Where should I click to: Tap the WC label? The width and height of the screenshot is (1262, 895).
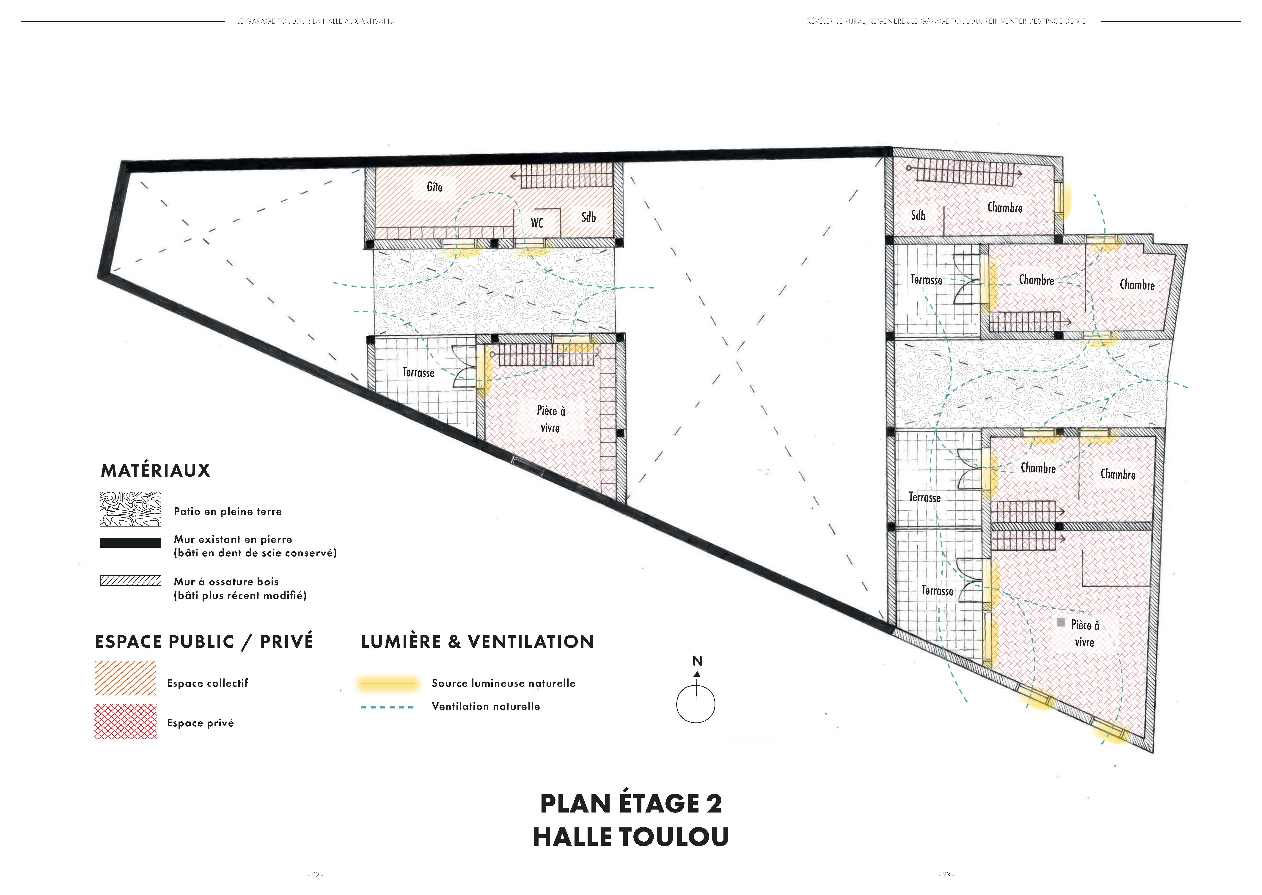pyautogui.click(x=537, y=223)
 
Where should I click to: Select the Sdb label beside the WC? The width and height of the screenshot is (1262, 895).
pyautogui.click(x=588, y=217)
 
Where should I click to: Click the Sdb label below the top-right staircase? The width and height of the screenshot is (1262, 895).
pyautogui.click(x=918, y=215)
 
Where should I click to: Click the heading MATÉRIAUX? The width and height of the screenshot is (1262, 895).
pyautogui.click(x=155, y=470)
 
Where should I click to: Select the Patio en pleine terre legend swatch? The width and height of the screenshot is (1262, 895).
pyautogui.click(x=131, y=509)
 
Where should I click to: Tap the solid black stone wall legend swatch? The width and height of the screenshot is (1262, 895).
pyautogui.click(x=131, y=543)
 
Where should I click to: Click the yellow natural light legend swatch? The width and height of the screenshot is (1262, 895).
pyautogui.click(x=388, y=684)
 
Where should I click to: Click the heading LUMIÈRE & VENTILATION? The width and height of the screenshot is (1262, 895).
pyautogui.click(x=477, y=642)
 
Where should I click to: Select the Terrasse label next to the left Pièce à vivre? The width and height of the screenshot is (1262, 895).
pyautogui.click(x=418, y=373)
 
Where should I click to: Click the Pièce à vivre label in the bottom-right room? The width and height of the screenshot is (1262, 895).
pyautogui.click(x=1085, y=633)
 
